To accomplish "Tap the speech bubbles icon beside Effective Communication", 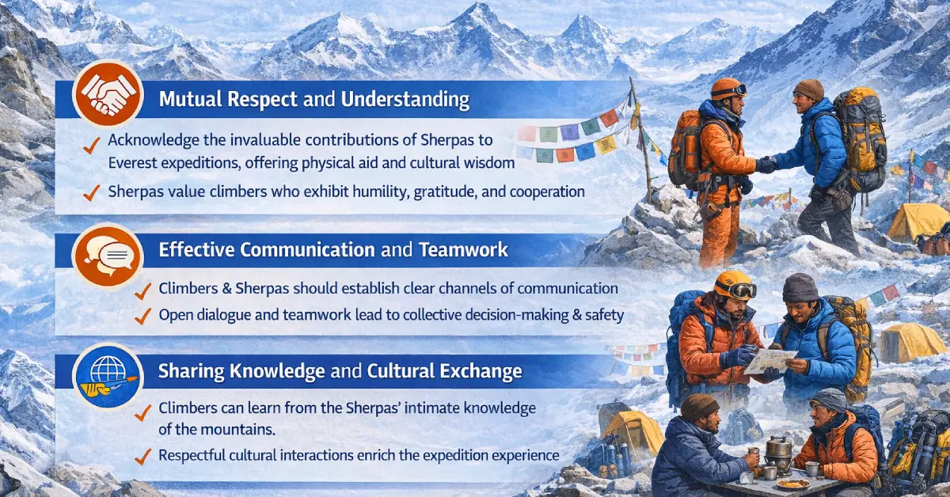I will (107, 252).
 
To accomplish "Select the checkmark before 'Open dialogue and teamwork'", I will (143, 316).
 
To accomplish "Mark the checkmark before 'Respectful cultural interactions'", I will (143, 457).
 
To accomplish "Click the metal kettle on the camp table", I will (780, 446).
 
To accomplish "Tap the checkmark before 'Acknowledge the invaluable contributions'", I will (93, 142).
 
